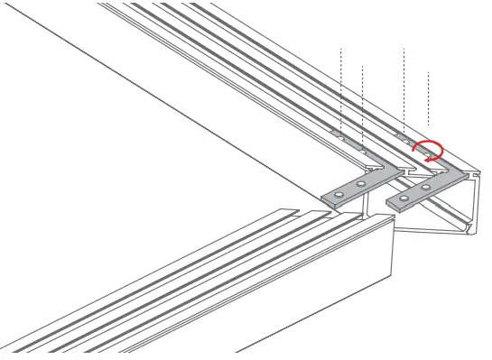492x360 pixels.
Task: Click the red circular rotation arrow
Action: tap(428, 149)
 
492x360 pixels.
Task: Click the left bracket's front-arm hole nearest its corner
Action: tap(360, 185)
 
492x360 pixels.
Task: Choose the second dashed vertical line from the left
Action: tap(362, 99)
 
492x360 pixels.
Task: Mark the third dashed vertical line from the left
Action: tap(404, 86)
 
